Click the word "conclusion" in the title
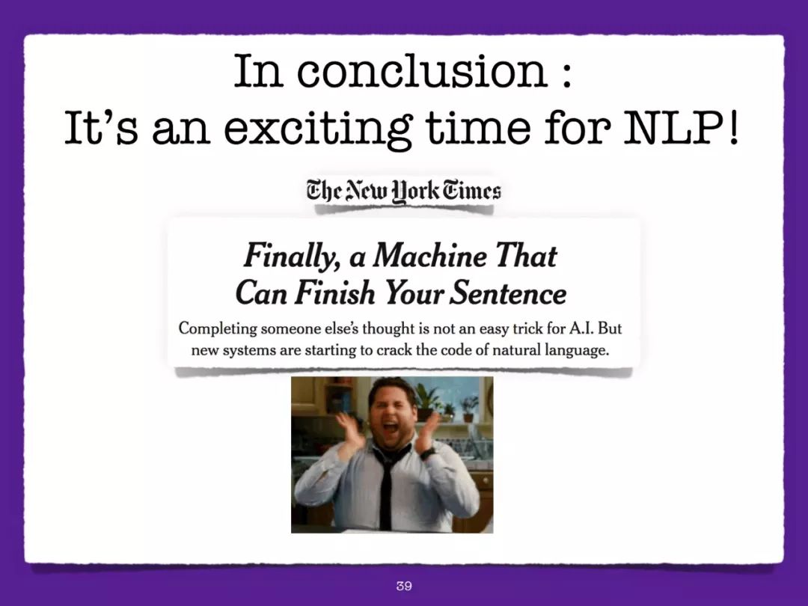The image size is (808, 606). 421,71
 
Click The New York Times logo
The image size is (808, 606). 403,192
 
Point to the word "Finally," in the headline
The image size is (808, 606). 291,256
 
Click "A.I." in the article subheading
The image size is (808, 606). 581,328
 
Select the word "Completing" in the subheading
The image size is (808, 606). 218,329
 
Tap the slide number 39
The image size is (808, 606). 404,585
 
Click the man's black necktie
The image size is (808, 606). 387,484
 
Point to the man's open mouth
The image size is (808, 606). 390,427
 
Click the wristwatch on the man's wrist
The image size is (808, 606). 427,453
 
